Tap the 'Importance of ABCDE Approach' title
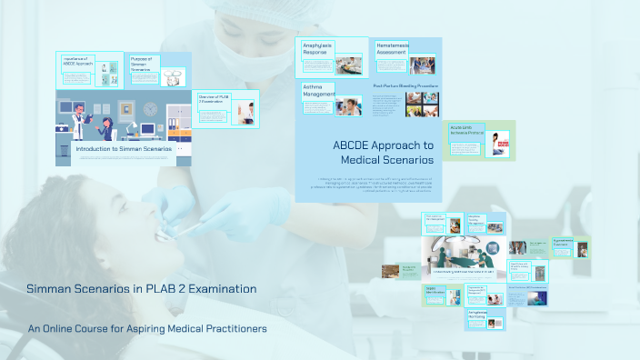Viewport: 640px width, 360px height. [x=76, y=61]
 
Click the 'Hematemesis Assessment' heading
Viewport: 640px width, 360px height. [x=393, y=48]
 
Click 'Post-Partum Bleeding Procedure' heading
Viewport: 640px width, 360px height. [x=405, y=85]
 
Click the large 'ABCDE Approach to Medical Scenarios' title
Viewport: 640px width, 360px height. [x=382, y=152]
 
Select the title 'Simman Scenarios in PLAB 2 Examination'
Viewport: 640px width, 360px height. [x=141, y=289]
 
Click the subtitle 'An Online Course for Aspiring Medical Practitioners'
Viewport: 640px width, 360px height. [x=147, y=328]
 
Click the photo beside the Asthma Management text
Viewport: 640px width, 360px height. [x=348, y=106]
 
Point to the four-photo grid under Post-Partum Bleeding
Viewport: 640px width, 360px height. [x=422, y=105]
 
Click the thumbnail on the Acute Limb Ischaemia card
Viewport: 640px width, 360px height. [x=500, y=145]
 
